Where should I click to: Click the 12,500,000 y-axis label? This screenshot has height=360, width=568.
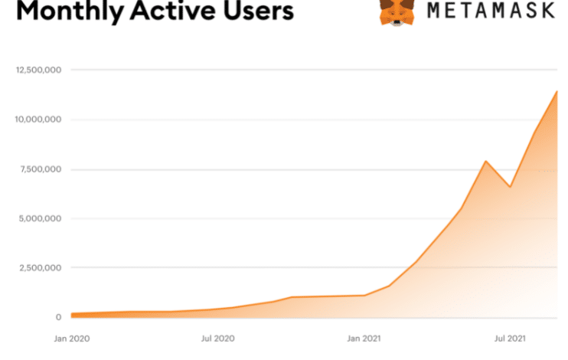(x=38, y=70)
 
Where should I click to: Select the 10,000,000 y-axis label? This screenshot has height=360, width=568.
(x=38, y=119)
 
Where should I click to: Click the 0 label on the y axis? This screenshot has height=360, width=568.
(x=57, y=317)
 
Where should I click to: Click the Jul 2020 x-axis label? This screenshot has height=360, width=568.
(x=218, y=338)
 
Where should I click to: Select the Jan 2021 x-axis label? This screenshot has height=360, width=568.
(x=365, y=338)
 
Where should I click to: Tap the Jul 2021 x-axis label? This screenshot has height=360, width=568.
(x=510, y=338)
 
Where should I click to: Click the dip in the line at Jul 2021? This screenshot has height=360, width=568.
(x=510, y=187)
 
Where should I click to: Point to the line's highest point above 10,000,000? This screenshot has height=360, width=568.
(x=557, y=91)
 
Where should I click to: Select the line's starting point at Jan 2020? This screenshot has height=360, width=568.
(x=71, y=314)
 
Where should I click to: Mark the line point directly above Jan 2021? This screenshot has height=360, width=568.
(x=365, y=295)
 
